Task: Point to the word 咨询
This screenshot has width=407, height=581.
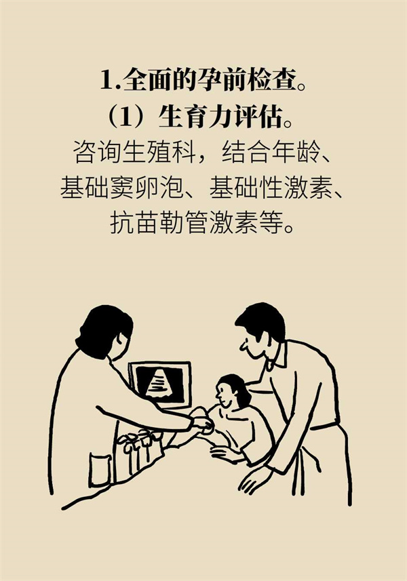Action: point(97,152)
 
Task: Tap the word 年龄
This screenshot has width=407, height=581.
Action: point(296,152)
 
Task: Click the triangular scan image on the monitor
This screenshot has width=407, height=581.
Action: point(160,383)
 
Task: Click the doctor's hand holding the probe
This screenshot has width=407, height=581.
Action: point(203,423)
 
